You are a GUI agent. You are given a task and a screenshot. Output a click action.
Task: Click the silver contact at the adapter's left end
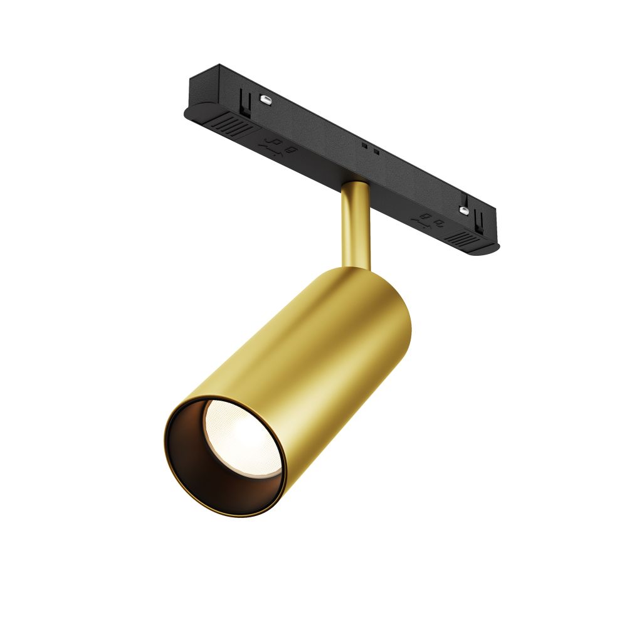(x=266, y=98)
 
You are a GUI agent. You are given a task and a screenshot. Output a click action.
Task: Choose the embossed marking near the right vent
(x=429, y=219)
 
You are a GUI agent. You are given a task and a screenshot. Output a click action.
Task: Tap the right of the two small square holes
(x=376, y=152)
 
